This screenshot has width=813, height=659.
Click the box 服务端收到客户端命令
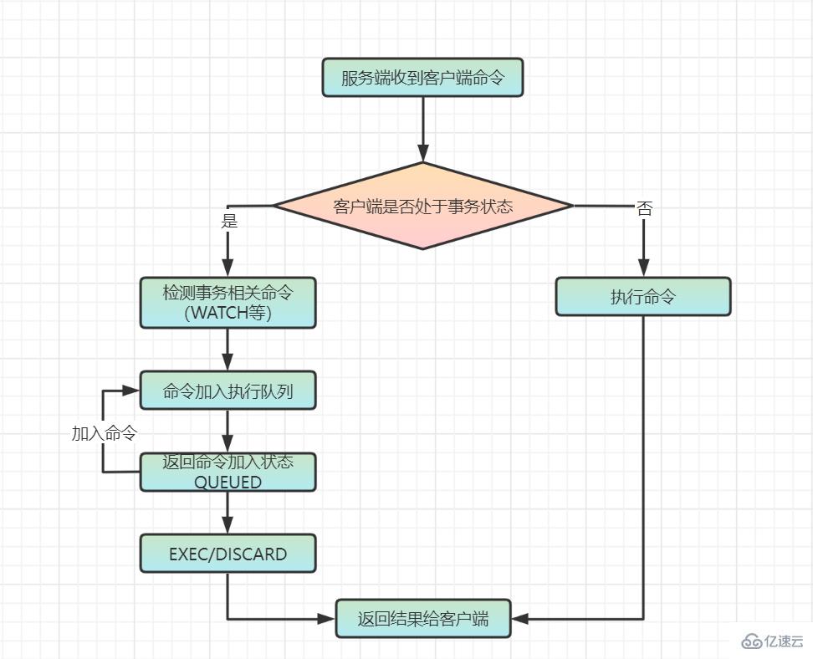[422, 78]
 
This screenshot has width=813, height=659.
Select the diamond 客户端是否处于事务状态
[422, 206]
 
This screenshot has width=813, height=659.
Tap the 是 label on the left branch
[228, 221]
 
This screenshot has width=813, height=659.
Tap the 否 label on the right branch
[644, 208]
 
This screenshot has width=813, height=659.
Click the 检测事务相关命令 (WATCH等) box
[228, 302]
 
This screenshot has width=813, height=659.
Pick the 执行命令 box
[643, 297]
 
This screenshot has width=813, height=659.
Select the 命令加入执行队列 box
[228, 391]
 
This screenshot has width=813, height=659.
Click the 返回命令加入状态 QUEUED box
[228, 472]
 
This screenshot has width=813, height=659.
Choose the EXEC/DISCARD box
[228, 554]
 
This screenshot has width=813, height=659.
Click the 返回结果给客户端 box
[422, 619]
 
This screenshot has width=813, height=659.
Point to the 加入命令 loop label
[104, 433]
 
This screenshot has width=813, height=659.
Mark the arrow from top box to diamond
[422, 130]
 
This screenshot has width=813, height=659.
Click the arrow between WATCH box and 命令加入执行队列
[228, 349]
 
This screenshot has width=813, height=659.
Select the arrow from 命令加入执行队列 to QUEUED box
[228, 431]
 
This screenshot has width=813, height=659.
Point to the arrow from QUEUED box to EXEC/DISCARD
[228, 512]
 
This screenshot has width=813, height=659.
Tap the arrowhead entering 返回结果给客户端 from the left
[325, 619]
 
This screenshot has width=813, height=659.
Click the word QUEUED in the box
[228, 482]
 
